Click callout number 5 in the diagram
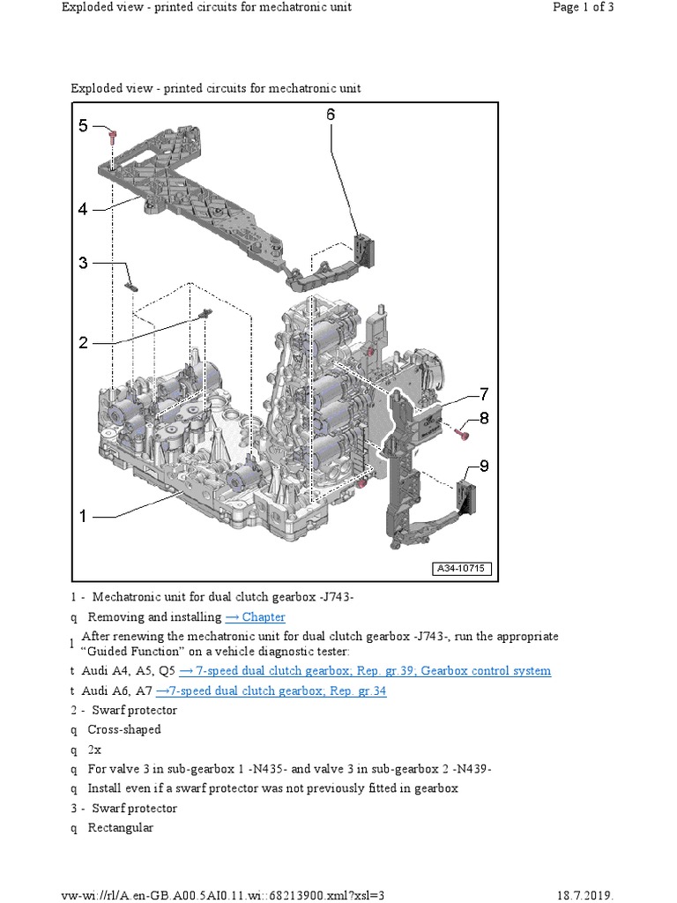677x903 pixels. pyautogui.click(x=83, y=125)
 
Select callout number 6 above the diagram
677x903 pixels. pyautogui.click(x=331, y=115)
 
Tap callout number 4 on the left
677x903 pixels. pyautogui.click(x=83, y=209)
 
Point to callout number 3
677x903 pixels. pyautogui.click(x=83, y=263)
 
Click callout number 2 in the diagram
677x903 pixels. pyautogui.click(x=83, y=342)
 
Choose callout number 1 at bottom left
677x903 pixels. pyautogui.click(x=83, y=517)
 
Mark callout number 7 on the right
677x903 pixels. pyautogui.click(x=484, y=393)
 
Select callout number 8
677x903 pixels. pyautogui.click(x=484, y=418)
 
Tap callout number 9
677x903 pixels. pyautogui.click(x=484, y=466)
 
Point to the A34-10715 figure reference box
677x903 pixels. pyautogui.click(x=463, y=569)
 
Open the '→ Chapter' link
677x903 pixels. pyautogui.click(x=256, y=617)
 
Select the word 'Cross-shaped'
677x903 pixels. pyautogui.click(x=124, y=730)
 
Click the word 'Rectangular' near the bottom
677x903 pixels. pyautogui.click(x=121, y=828)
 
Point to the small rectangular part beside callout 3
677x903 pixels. pyautogui.click(x=132, y=285)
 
